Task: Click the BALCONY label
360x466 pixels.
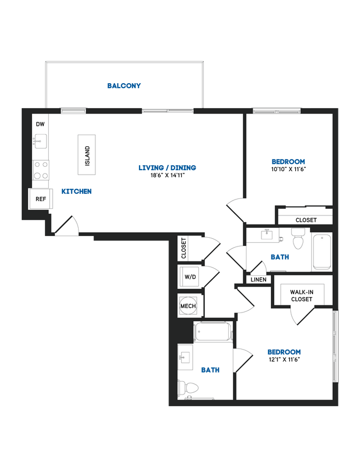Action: pyautogui.click(x=124, y=86)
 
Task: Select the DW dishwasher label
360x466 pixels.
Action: pyautogui.click(x=40, y=124)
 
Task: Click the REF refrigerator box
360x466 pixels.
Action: pyautogui.click(x=40, y=198)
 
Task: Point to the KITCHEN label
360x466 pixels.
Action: pyautogui.click(x=76, y=191)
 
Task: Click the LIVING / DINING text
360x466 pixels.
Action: pyautogui.click(x=167, y=167)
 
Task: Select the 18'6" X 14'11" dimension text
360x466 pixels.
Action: pyautogui.click(x=167, y=176)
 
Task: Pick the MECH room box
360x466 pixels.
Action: pyautogui.click(x=190, y=305)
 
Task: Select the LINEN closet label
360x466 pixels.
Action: pyautogui.click(x=258, y=280)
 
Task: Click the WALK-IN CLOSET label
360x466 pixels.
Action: pyautogui.click(x=301, y=295)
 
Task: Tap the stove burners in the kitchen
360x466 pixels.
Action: pyautogui.click(x=40, y=170)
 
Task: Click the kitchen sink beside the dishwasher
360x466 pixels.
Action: pyautogui.click(x=39, y=142)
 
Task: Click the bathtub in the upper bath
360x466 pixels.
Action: pyautogui.click(x=321, y=252)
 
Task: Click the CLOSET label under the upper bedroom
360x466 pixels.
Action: pyautogui.click(x=306, y=220)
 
